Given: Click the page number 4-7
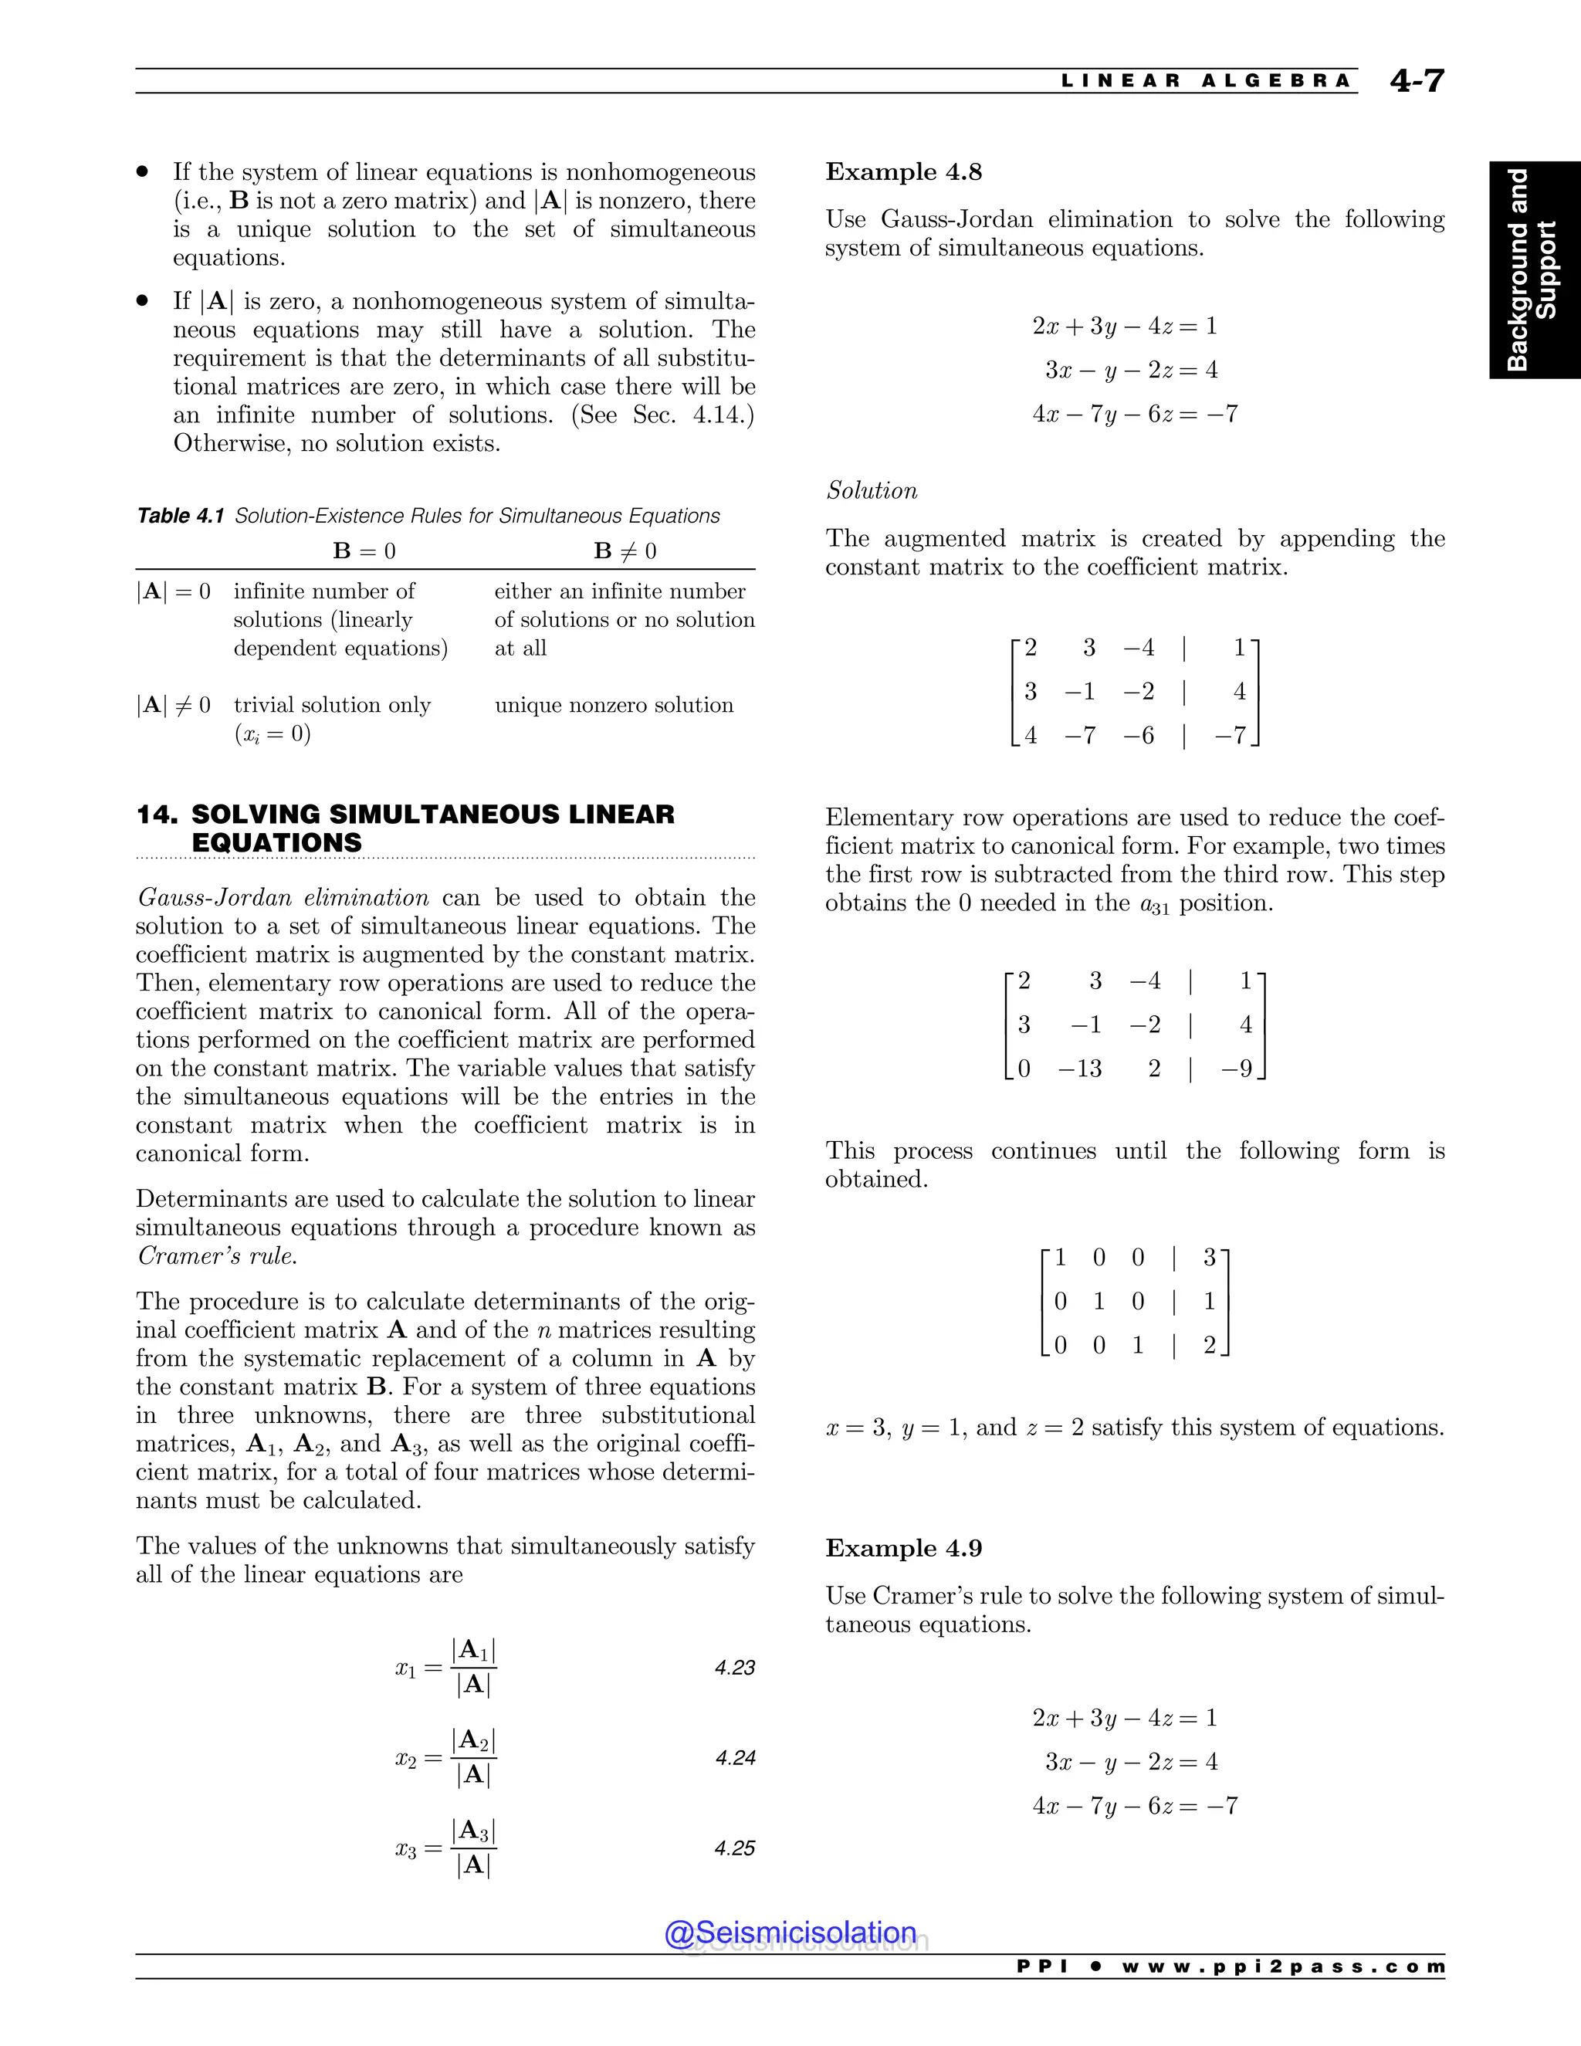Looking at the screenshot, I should (x=1417, y=82).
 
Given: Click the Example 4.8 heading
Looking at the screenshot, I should (x=903, y=172).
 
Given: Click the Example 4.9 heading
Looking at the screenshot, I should (x=903, y=1549).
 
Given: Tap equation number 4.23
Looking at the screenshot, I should (x=734, y=1668).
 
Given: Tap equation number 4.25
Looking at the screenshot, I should (x=734, y=1848).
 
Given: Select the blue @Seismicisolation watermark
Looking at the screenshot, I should (x=790, y=1933).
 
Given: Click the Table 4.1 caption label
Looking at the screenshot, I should (x=180, y=517).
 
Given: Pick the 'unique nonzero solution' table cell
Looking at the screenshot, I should (x=614, y=706).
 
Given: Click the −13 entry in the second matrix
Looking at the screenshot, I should (x=1080, y=1069).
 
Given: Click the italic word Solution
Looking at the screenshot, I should (x=871, y=491).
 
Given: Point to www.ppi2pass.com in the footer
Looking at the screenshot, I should (x=1283, y=1966).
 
